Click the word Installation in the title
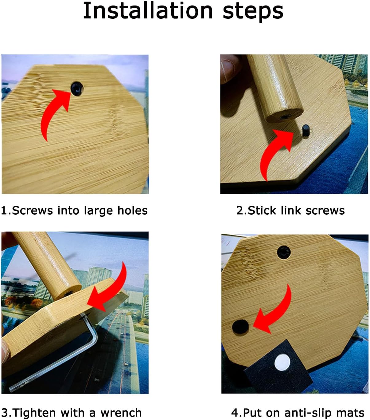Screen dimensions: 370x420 pos(148,10)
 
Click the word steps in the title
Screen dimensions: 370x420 pos(253,12)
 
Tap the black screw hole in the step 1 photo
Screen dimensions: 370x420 pos(77,89)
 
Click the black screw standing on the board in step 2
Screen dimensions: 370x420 pos(306,130)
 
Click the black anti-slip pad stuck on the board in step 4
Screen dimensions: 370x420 pos(240,327)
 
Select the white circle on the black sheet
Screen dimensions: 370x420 pos(282,363)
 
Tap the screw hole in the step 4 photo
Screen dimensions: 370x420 pos(284,252)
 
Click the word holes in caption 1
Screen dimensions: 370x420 pos(133,210)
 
